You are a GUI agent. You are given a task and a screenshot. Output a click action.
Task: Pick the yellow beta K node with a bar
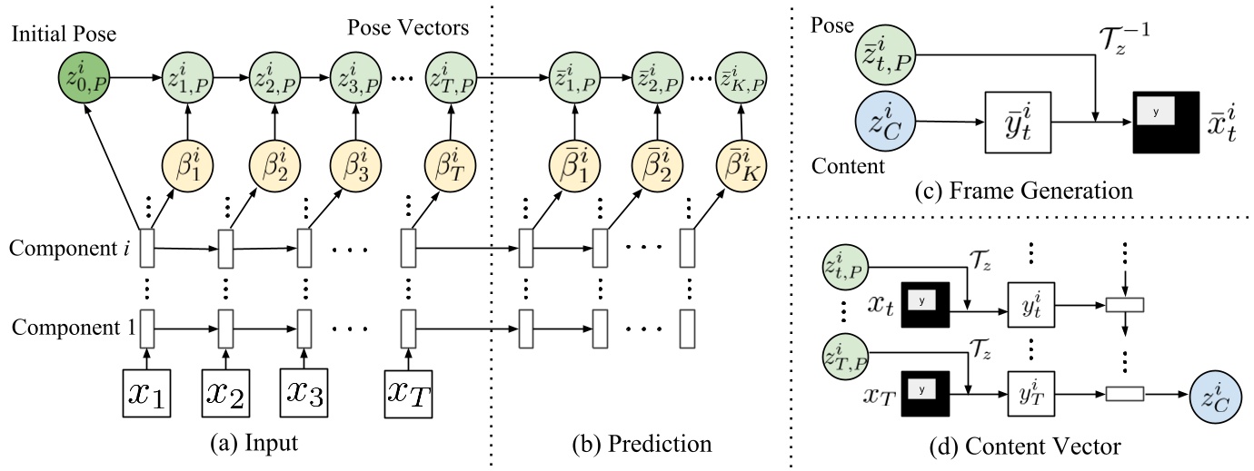point(741,169)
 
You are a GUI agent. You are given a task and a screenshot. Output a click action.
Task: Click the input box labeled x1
point(146,393)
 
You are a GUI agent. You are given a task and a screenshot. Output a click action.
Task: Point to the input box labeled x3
point(306,393)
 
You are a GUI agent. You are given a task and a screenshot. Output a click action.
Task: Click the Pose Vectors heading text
point(408,27)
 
